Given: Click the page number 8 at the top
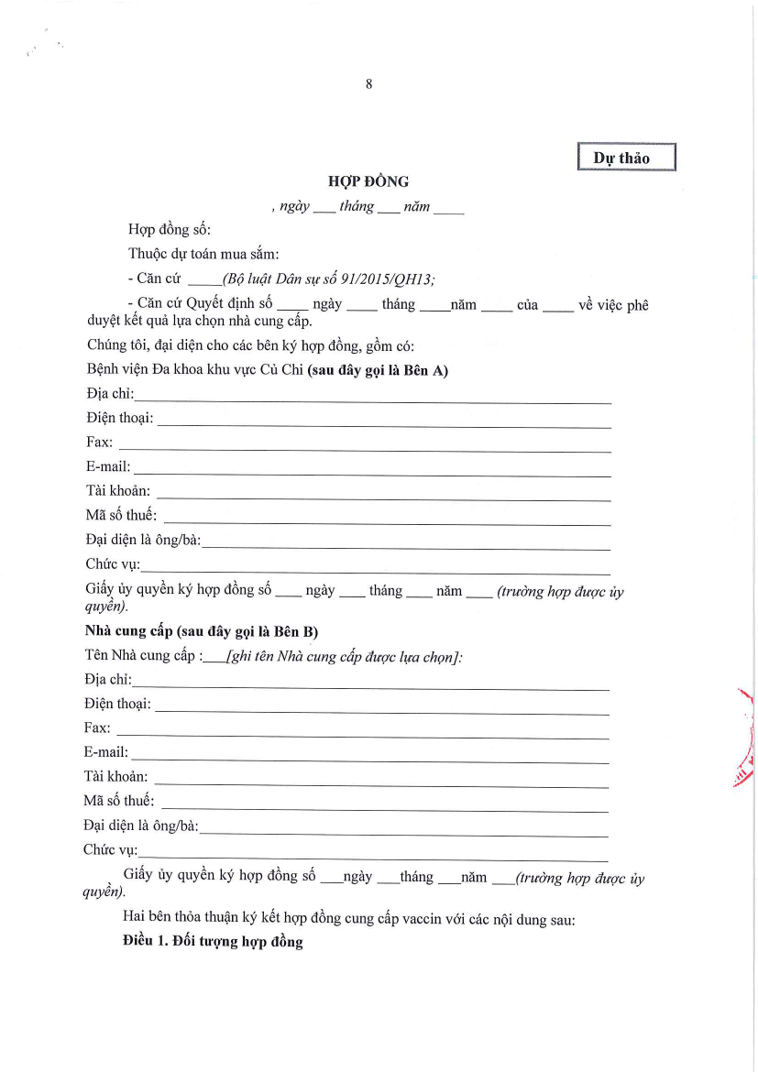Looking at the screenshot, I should click(x=368, y=84).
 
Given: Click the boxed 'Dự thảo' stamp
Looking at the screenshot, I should click(x=626, y=158).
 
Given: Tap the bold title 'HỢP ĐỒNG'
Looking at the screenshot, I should click(x=368, y=181).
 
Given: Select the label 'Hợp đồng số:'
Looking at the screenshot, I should click(x=170, y=230).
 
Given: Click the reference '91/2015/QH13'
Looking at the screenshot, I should click(x=391, y=279).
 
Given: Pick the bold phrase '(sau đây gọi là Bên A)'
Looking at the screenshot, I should click(x=378, y=370).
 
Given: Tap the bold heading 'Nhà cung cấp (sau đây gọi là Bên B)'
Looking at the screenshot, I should click(x=202, y=632).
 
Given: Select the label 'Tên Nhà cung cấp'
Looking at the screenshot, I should click(x=138, y=655).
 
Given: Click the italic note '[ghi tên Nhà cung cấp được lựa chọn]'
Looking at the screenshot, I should click(x=344, y=656).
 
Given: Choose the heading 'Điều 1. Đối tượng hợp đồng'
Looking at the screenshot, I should click(x=213, y=942).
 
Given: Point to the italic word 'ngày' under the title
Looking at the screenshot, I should click(x=294, y=207).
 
